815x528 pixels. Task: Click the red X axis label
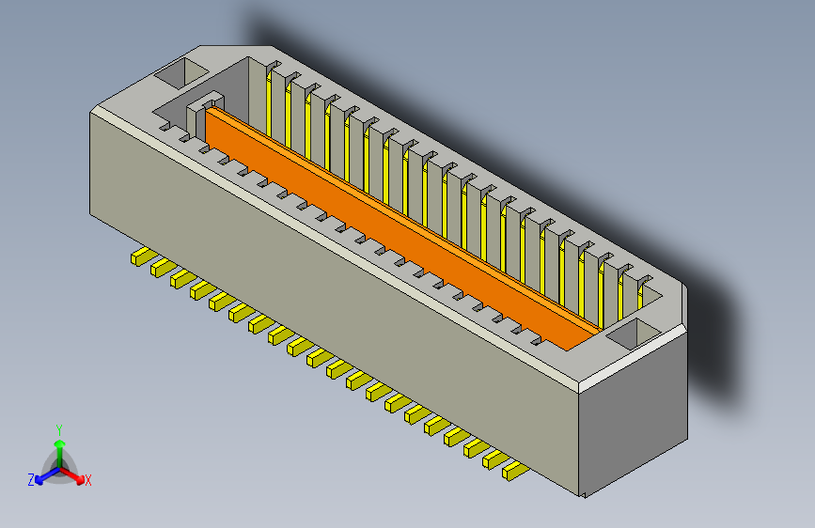click(x=88, y=481)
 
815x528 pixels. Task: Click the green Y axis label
click(x=58, y=428)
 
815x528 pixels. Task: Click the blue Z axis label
click(x=31, y=480)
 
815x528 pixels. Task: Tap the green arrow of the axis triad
click(x=58, y=445)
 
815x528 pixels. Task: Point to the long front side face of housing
click(x=329, y=310)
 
